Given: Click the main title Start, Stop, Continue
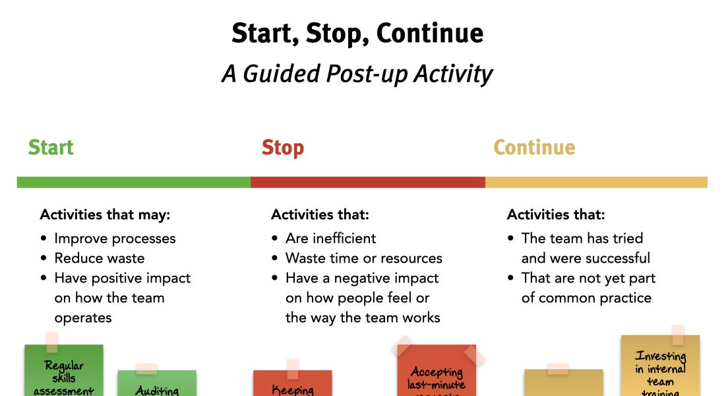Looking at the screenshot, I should click(x=357, y=32).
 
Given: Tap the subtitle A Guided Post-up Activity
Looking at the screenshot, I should click(x=357, y=73).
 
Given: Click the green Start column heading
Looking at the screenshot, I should click(x=51, y=147).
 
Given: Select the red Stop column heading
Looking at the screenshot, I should click(x=282, y=147).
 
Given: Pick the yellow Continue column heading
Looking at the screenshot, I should click(x=534, y=147).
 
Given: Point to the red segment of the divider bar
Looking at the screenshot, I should click(x=367, y=182).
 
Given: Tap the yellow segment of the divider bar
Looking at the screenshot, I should click(x=596, y=182).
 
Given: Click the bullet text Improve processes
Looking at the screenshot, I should click(x=115, y=238).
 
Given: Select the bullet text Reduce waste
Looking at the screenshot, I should click(x=99, y=258).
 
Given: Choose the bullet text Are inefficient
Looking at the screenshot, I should click(x=330, y=238).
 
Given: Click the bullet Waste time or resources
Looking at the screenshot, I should click(x=363, y=258).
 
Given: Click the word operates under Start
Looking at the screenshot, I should click(x=83, y=317).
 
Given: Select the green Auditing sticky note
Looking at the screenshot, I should click(x=157, y=385).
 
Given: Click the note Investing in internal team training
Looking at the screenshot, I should click(x=660, y=370).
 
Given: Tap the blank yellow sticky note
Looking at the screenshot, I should click(x=563, y=384).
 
